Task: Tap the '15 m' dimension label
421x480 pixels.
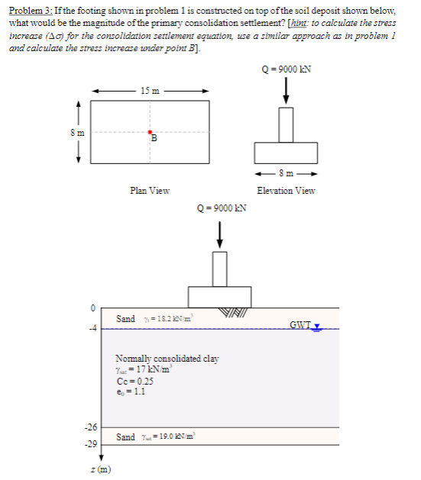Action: point(151,92)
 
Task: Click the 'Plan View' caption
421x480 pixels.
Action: point(150,191)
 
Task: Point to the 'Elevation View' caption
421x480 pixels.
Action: point(286,191)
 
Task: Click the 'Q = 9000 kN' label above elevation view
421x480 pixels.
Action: point(287,68)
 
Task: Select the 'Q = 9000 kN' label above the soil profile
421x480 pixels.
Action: point(220,208)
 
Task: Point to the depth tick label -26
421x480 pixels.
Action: point(89,426)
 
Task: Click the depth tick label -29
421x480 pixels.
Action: point(89,443)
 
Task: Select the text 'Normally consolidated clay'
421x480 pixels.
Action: point(167,358)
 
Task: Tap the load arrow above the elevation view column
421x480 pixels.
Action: point(287,90)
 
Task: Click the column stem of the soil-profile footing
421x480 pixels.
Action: point(220,267)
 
